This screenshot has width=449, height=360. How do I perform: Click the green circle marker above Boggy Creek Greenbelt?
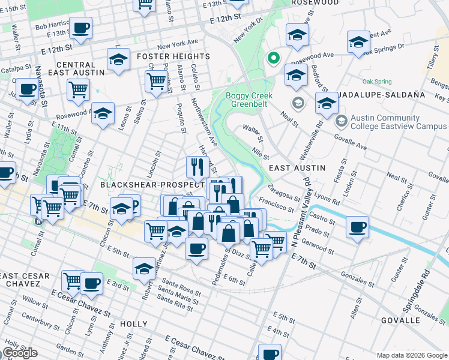(273, 58)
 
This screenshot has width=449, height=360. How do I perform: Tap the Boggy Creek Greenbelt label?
(249, 100)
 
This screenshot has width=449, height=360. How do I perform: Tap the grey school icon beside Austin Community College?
(341, 122)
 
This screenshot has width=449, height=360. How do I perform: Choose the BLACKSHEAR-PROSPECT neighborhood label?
(152, 185)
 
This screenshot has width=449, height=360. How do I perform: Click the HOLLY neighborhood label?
(133, 324)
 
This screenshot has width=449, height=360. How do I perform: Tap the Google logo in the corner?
(20, 353)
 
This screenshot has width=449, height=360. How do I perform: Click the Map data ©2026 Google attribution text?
(412, 355)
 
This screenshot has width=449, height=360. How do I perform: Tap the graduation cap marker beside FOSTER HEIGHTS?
(118, 60)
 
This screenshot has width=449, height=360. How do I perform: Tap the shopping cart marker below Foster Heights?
(155, 82)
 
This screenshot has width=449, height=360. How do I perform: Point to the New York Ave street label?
(176, 46)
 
